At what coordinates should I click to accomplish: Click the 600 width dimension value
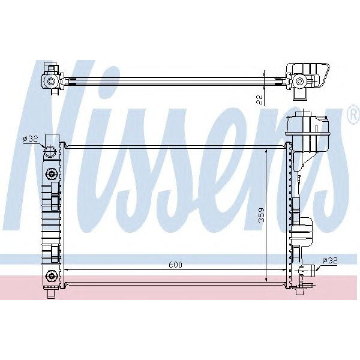[x=174, y=265]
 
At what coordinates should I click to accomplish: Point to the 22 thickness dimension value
[x=259, y=99]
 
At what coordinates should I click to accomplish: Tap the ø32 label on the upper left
[x=31, y=139]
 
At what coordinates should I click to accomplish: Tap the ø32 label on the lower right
[x=330, y=260]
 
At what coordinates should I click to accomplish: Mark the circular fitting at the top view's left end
[x=51, y=81]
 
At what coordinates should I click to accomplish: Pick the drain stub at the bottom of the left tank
[x=52, y=293]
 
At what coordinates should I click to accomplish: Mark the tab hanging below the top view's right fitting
[x=299, y=94]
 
